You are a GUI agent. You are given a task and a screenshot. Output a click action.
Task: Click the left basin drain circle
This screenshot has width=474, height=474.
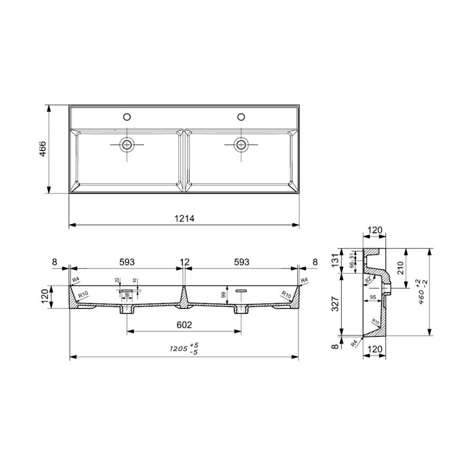click(127, 143)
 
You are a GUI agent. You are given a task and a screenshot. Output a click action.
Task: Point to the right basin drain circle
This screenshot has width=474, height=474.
click(241, 143)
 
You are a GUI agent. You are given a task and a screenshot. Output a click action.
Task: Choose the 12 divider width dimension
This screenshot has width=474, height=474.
click(183, 261)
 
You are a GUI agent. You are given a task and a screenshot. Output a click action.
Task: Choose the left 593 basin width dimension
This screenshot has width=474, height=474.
click(126, 261)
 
